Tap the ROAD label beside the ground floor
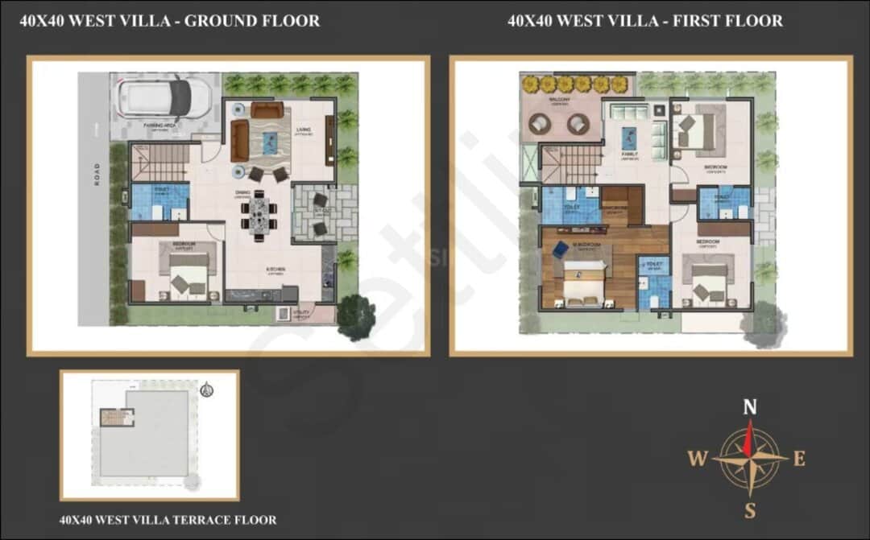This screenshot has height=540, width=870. (97, 174)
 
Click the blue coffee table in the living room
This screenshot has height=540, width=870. (270, 142)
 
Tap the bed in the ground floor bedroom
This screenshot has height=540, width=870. (188, 274)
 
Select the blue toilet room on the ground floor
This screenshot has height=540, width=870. (159, 201)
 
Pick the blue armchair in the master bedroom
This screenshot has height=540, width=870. (560, 250)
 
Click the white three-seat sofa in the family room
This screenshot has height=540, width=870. (630, 112)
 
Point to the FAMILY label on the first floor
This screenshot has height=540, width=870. (629, 154)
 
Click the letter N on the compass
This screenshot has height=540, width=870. (749, 407)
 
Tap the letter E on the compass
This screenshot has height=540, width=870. (799, 459)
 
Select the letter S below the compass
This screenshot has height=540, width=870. (749, 509)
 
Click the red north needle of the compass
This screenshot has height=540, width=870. (749, 439)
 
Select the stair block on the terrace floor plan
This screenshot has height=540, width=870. (117, 418)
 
